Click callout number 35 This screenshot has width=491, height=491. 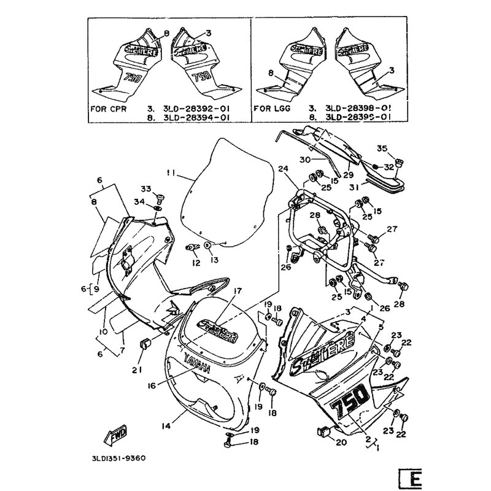381,149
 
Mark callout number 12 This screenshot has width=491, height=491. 196,263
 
